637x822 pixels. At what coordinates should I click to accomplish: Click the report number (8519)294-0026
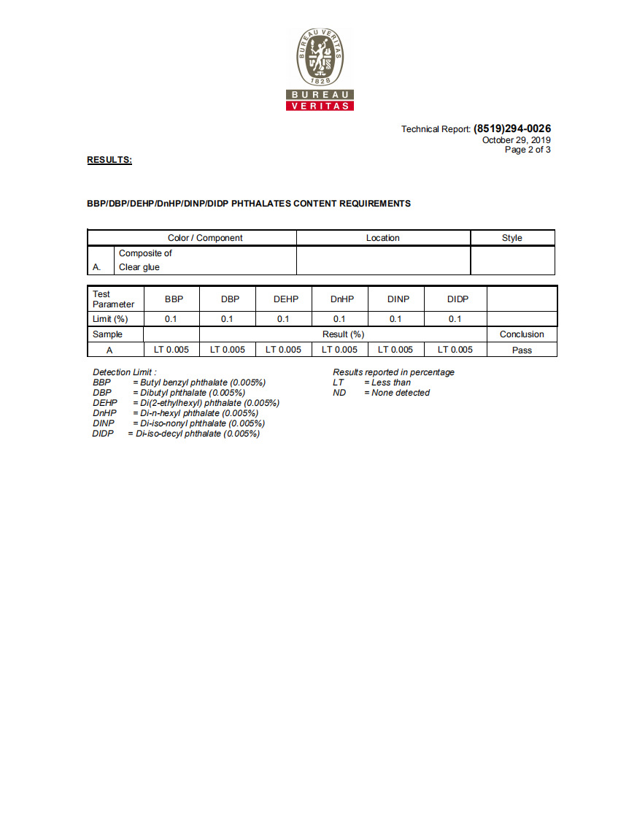click(x=511, y=128)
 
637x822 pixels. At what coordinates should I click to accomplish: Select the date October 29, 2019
click(x=516, y=140)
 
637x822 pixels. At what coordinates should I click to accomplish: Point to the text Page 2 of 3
click(x=528, y=150)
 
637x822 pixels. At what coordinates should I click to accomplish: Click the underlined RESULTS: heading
click(x=109, y=160)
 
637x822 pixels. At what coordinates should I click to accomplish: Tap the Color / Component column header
click(x=205, y=238)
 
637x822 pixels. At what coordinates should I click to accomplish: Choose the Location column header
click(x=382, y=238)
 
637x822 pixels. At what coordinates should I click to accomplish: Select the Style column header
click(x=511, y=238)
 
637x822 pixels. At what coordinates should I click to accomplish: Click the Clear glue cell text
click(x=139, y=267)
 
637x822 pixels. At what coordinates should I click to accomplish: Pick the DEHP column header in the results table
click(x=283, y=299)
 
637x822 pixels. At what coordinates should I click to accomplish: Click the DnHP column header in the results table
click(x=339, y=299)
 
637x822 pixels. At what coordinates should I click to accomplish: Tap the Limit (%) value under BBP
click(x=171, y=319)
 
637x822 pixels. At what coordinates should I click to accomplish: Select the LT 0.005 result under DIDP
click(x=455, y=350)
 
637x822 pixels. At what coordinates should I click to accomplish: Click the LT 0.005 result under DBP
click(x=228, y=350)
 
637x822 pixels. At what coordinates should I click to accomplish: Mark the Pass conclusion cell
click(x=522, y=350)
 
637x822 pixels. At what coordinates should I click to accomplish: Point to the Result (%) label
click(x=343, y=334)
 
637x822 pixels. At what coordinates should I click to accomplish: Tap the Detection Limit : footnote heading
click(x=124, y=372)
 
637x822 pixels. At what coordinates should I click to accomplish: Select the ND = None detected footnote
click(x=382, y=393)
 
